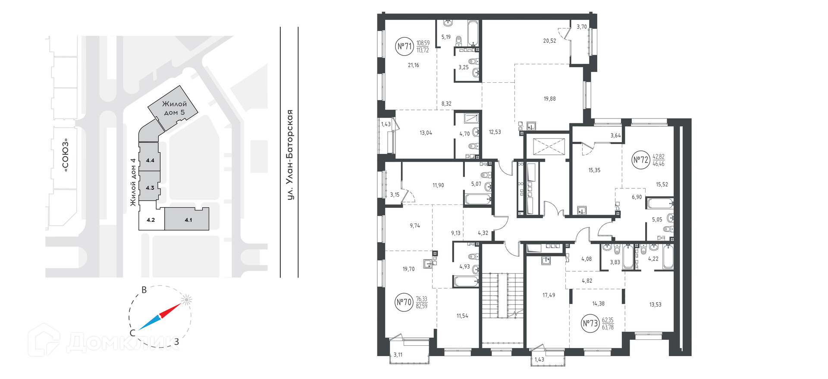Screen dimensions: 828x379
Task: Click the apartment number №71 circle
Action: [x=404, y=47]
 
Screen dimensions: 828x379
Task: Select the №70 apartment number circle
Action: [x=404, y=302]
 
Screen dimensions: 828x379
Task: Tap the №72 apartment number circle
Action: [x=641, y=160]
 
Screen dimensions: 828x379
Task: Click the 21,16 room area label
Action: [x=413, y=65]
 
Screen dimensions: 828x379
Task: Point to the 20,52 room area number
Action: [x=549, y=41]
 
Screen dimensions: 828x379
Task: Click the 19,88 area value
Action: [x=549, y=99]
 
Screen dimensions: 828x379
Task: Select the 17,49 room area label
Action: [x=549, y=295]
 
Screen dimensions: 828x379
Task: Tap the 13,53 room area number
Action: [x=655, y=305]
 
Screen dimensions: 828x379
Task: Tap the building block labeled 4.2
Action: [x=151, y=219]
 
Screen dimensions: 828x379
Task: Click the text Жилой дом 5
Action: [x=174, y=108]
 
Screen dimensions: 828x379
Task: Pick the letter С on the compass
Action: [x=133, y=333]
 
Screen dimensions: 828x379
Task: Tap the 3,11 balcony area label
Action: [x=398, y=355]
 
